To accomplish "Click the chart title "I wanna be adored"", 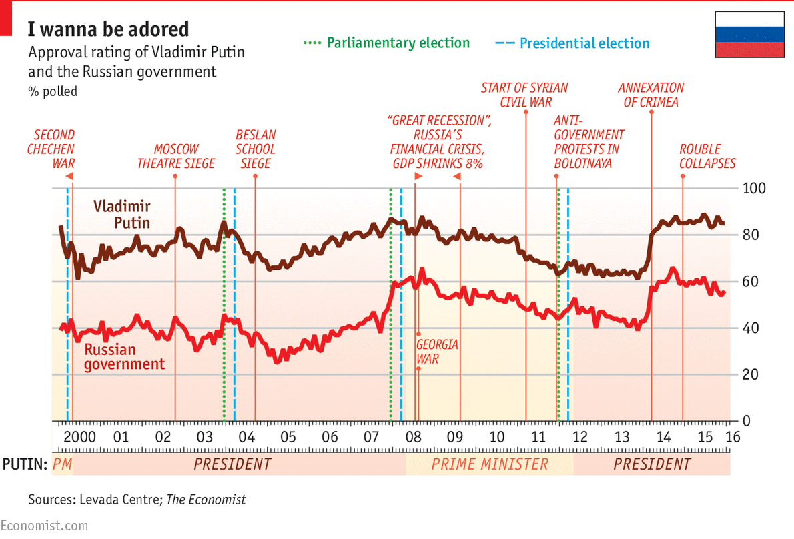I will pyautogui.click(x=108, y=29).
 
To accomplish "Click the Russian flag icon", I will pyautogui.click(x=749, y=33).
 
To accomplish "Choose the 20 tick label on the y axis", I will pyautogui.click(x=751, y=375).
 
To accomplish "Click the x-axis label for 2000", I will pyautogui.click(x=81, y=438).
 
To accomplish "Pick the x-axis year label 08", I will pyautogui.click(x=414, y=438).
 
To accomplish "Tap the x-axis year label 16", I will pyautogui.click(x=732, y=438).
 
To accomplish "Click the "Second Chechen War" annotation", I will pyautogui.click(x=51, y=149).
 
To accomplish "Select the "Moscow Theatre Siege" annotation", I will pyautogui.click(x=176, y=156).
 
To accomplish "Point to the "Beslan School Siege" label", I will pyautogui.click(x=256, y=149).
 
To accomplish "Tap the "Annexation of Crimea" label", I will pyautogui.click(x=651, y=95).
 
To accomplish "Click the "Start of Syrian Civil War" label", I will pyautogui.click(x=524, y=95).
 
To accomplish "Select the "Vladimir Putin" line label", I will pyautogui.click(x=121, y=214).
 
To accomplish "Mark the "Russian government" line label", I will pyautogui.click(x=124, y=357).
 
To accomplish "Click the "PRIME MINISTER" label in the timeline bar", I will pyautogui.click(x=490, y=464).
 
